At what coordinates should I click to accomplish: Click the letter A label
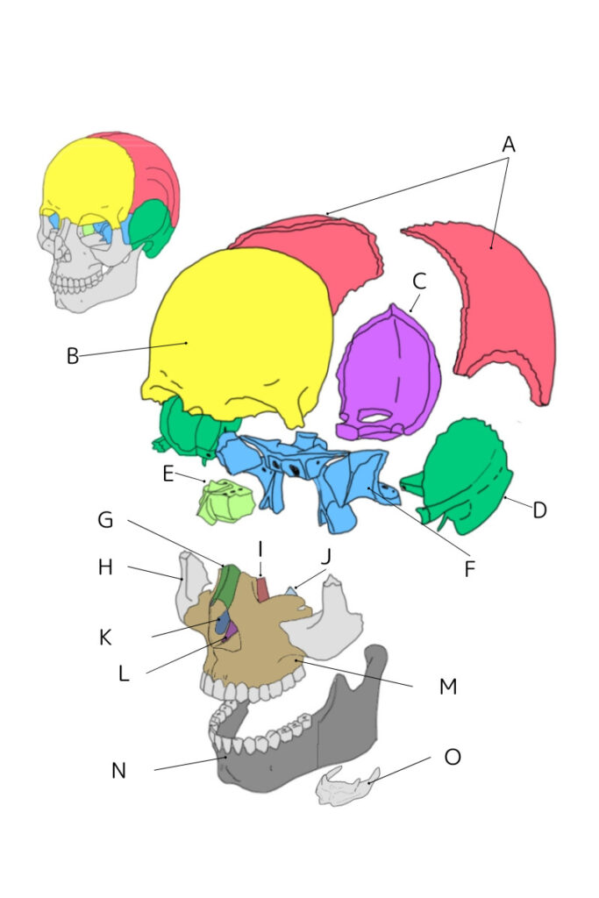(x=509, y=145)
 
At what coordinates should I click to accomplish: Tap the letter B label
(x=73, y=356)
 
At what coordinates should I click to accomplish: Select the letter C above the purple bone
(x=419, y=282)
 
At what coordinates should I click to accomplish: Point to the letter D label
(x=539, y=510)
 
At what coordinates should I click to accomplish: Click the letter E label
(x=168, y=474)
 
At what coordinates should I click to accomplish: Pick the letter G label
(x=105, y=520)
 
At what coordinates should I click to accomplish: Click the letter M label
(x=448, y=686)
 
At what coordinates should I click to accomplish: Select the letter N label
(x=119, y=771)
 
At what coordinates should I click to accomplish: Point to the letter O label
(x=453, y=756)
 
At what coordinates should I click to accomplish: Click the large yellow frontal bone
(x=237, y=333)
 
